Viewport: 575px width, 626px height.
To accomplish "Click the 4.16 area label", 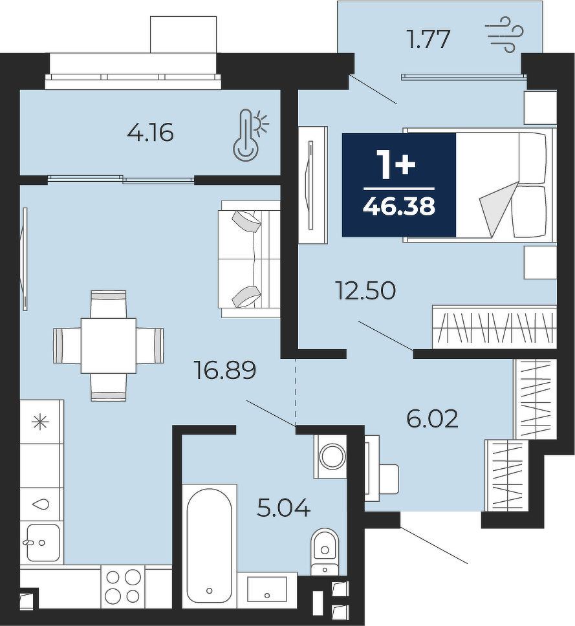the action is [x=150, y=133].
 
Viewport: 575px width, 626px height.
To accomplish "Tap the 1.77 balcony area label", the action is [x=428, y=39].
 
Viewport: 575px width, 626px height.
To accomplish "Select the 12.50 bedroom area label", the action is [x=366, y=290].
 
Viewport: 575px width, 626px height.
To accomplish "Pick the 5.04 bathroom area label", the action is [x=284, y=508].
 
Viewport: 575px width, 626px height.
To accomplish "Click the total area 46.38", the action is [x=399, y=206].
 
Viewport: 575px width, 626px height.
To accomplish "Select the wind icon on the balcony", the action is [x=504, y=35].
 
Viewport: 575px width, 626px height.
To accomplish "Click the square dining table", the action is [x=109, y=345].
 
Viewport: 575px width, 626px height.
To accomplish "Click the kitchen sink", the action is [x=43, y=542].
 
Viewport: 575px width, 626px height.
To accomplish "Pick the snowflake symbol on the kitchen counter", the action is [x=41, y=422].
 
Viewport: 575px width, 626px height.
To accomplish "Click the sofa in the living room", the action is [x=249, y=259].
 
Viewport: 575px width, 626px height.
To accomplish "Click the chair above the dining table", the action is [x=109, y=304].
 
